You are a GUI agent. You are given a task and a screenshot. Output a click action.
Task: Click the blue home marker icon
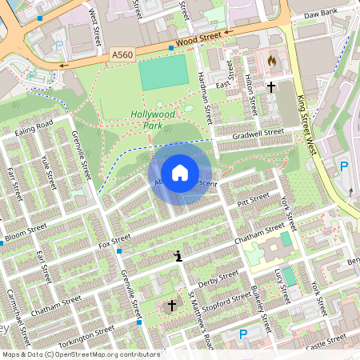tap(180, 173)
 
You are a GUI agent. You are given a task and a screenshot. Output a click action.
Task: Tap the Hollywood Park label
tap(152, 119)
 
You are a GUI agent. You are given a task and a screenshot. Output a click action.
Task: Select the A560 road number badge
tap(122, 55)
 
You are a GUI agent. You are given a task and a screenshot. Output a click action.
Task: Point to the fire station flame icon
tap(272, 60)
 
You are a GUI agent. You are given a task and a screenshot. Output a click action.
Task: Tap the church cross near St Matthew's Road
tap(170, 306)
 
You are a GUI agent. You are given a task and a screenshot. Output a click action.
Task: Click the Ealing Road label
tap(34, 127)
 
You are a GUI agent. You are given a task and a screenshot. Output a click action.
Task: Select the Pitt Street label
tap(254, 198)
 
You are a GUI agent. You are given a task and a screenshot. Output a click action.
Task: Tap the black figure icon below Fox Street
tap(178, 256)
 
